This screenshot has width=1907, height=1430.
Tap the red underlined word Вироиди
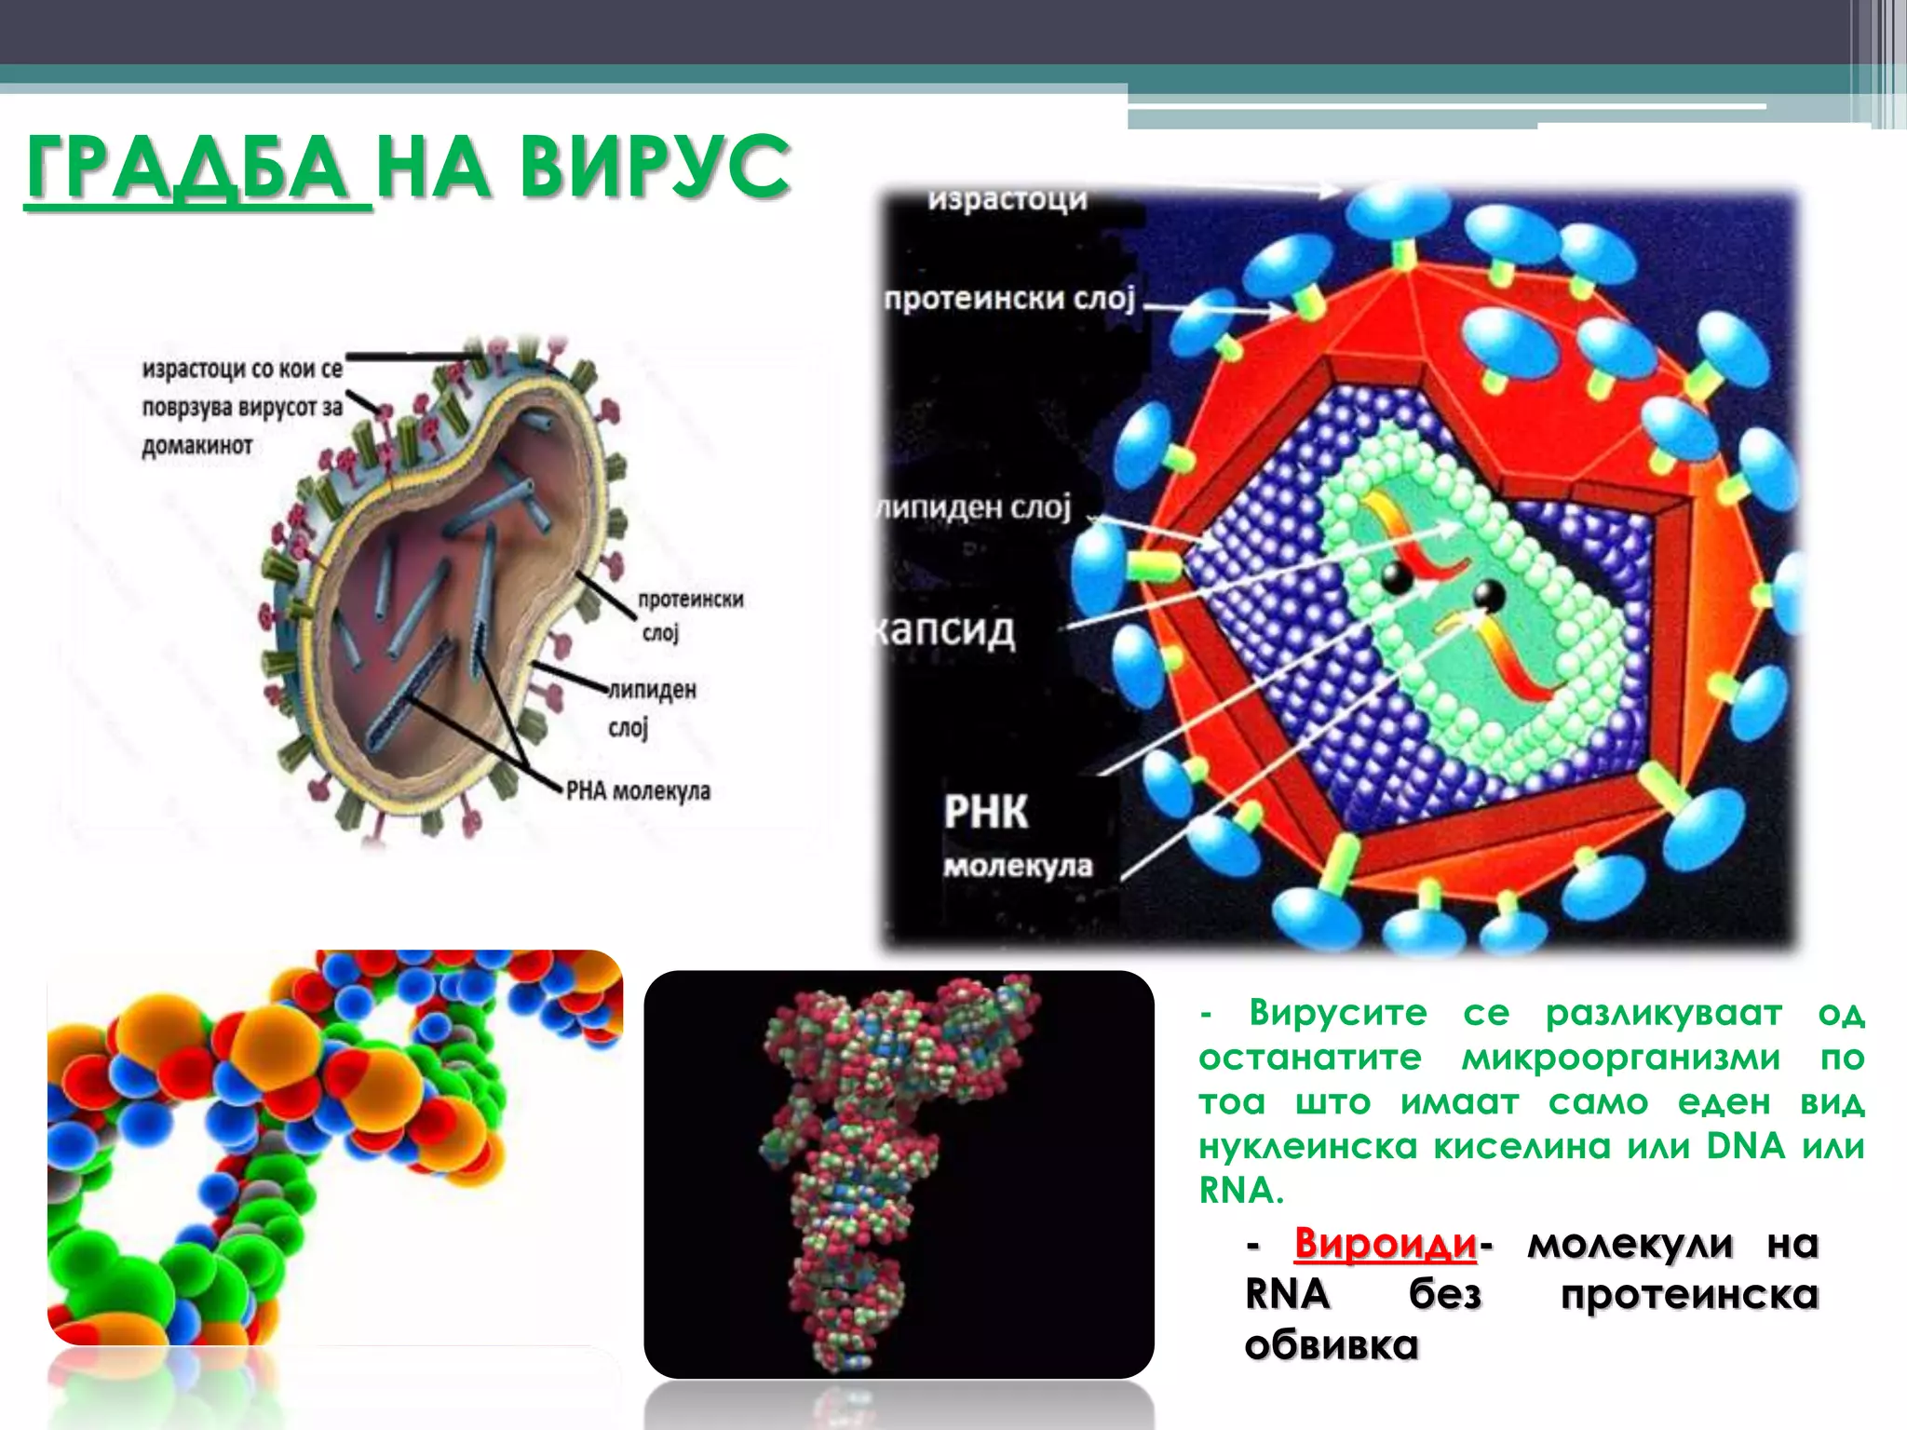coord(1385,1244)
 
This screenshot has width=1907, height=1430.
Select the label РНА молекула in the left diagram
coord(639,791)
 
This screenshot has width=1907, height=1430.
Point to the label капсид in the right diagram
coord(944,631)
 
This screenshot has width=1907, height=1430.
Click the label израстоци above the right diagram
coord(1008,199)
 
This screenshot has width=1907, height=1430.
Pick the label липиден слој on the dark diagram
coord(976,507)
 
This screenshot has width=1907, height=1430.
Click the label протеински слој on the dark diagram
coord(1009,299)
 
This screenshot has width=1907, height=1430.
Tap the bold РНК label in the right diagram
coord(986,811)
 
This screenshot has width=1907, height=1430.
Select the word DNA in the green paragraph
coord(1745,1146)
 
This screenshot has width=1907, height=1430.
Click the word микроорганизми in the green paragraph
coord(1621,1058)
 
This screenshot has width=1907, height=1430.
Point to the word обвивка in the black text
coord(1331,1345)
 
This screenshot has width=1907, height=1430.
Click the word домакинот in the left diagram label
coord(197,446)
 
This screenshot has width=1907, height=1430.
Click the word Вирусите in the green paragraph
coord(1338,1012)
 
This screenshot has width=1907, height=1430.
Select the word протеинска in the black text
coord(1689,1295)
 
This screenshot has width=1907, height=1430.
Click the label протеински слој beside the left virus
coord(689,615)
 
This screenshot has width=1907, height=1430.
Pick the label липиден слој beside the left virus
coord(651,708)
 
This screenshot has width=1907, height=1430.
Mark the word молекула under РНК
coord(1018,867)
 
